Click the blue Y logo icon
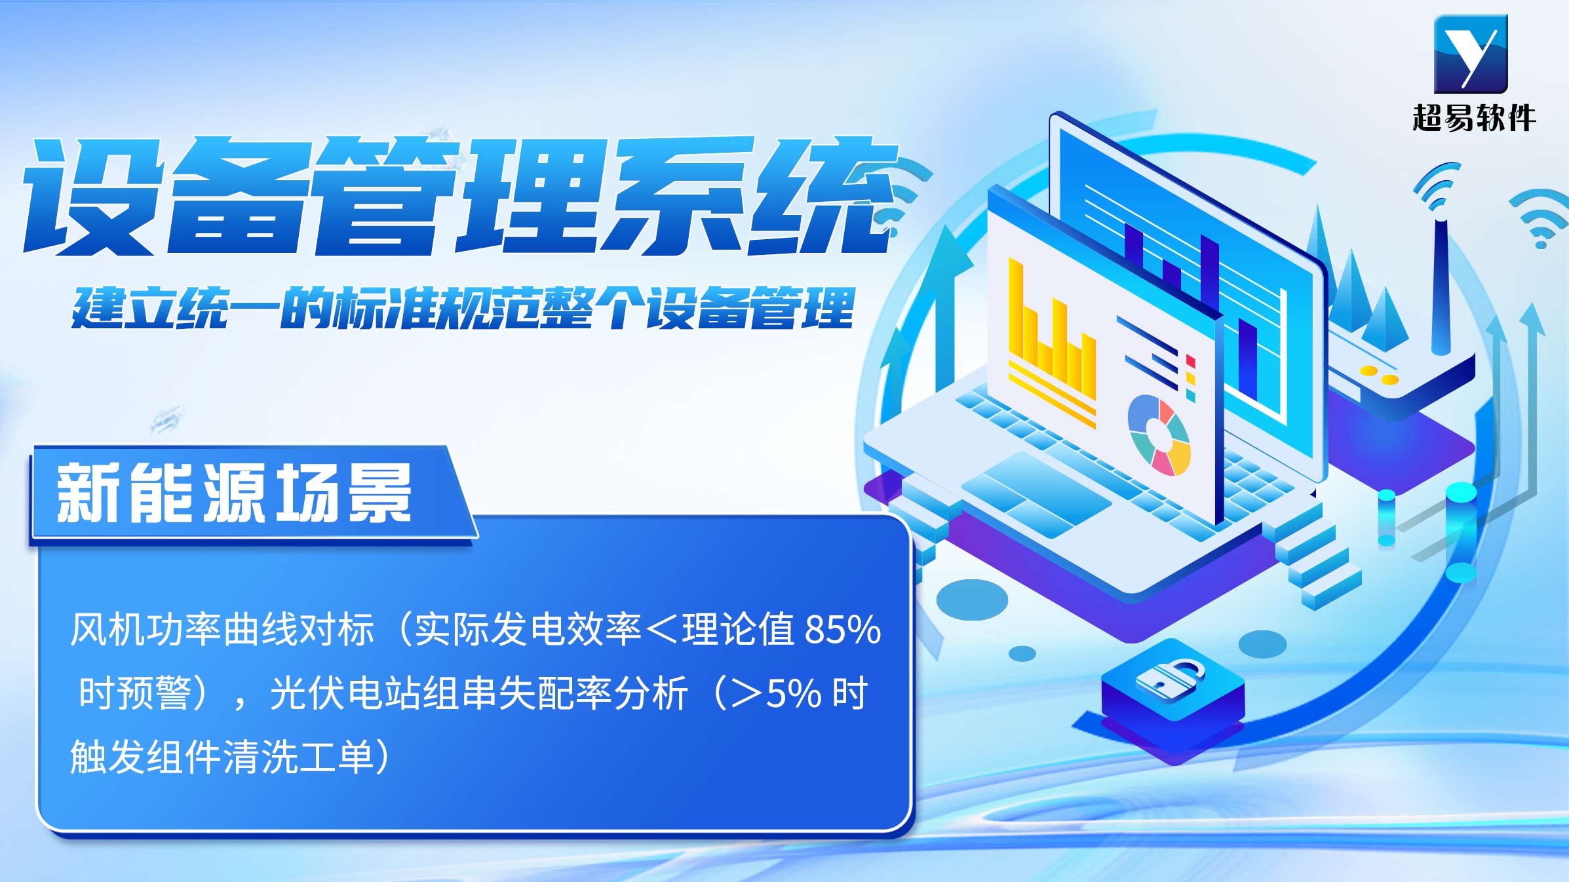tap(1471, 54)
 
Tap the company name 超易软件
tap(1474, 119)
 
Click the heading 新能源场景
tap(234, 493)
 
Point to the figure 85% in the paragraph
tap(843, 630)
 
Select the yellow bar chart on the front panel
tap(1051, 341)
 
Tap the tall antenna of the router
tap(1441, 285)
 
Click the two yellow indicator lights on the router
tap(1379, 375)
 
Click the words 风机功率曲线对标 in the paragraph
tap(222, 630)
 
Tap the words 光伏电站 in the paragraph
tap(345, 693)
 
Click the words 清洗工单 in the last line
tap(298, 757)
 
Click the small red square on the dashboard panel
tap(1190, 362)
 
